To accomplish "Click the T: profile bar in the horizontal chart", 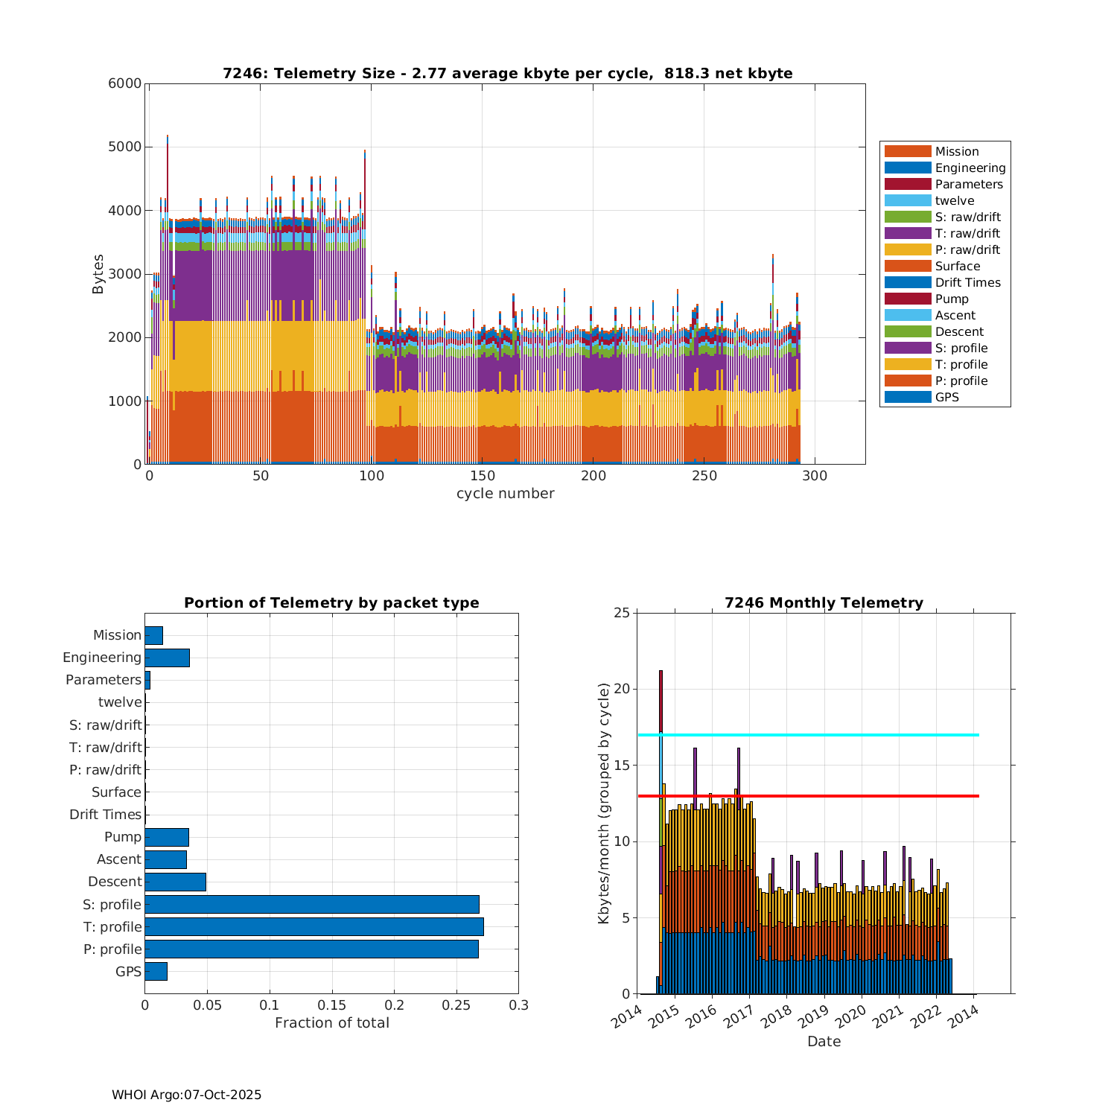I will pos(314,926).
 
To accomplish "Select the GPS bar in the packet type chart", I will pos(156,971).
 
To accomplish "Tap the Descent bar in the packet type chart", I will pos(175,882).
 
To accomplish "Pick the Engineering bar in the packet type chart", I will pos(167,658).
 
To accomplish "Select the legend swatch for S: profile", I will pos(908,348).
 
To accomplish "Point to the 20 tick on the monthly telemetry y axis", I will pos(621,689).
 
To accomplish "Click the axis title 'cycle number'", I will pos(505,494).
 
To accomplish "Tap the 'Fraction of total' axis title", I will pos(331,1023).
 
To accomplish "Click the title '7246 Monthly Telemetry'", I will pos(824,603).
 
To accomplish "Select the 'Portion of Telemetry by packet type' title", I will pos(331,603).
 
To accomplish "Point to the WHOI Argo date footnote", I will pos(186,1095).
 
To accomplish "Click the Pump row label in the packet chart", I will pos(123,837).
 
